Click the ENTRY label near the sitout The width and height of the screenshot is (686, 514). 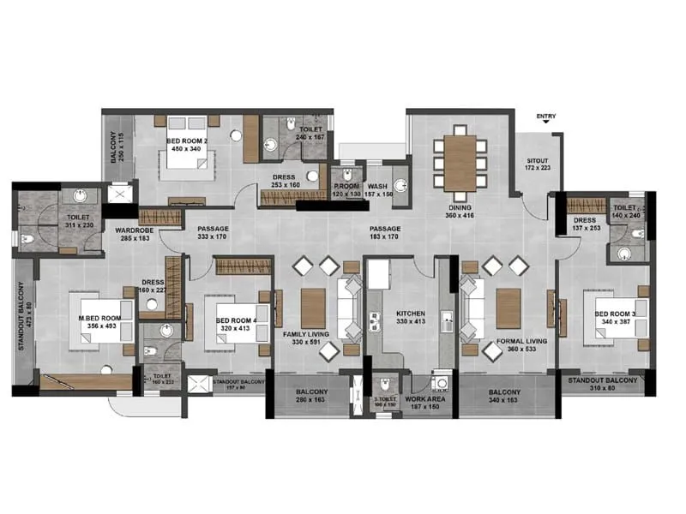(x=545, y=116)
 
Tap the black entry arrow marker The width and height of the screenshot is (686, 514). (x=545, y=127)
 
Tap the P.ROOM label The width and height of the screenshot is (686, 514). (x=346, y=186)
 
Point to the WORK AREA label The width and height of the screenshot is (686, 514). (x=424, y=398)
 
